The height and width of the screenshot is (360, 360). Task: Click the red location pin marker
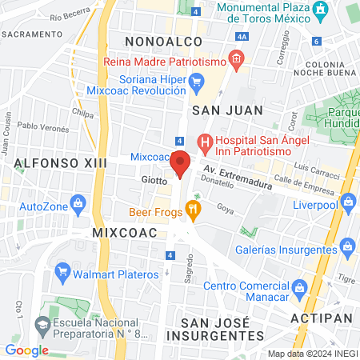181,164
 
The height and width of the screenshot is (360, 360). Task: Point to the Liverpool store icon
346,203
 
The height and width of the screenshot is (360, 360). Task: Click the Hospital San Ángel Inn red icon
205,144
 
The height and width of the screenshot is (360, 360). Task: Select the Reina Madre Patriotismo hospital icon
234,58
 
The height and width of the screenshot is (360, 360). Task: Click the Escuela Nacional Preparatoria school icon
42,325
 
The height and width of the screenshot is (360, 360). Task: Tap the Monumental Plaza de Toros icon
320,10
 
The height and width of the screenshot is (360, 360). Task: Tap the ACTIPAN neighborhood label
323,319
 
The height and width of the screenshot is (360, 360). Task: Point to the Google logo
26,350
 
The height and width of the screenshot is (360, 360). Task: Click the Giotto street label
154,181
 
